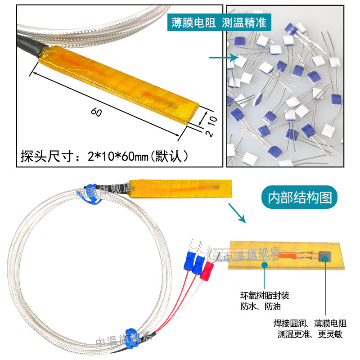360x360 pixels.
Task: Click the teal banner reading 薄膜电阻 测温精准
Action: pos(219,22)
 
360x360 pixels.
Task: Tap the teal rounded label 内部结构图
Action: pos(299,197)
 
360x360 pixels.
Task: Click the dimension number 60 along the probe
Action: pos(96,112)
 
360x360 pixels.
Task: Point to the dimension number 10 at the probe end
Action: pos(212,120)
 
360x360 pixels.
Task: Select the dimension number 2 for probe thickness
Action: pos(210,134)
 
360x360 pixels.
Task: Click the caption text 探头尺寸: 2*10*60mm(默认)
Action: pos(105,156)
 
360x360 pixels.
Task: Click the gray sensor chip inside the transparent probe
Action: pos(325,256)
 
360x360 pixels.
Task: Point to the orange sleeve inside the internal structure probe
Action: pos(286,255)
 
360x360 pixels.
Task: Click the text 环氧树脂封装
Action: pos(265,296)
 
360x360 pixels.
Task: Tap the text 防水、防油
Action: pos(261,306)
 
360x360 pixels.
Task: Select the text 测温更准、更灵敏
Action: pos(310,334)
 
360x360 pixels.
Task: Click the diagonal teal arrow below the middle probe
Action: pos(237,213)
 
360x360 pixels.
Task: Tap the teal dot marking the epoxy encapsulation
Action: pos(265,265)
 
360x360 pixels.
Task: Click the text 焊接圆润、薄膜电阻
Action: pos(310,323)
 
